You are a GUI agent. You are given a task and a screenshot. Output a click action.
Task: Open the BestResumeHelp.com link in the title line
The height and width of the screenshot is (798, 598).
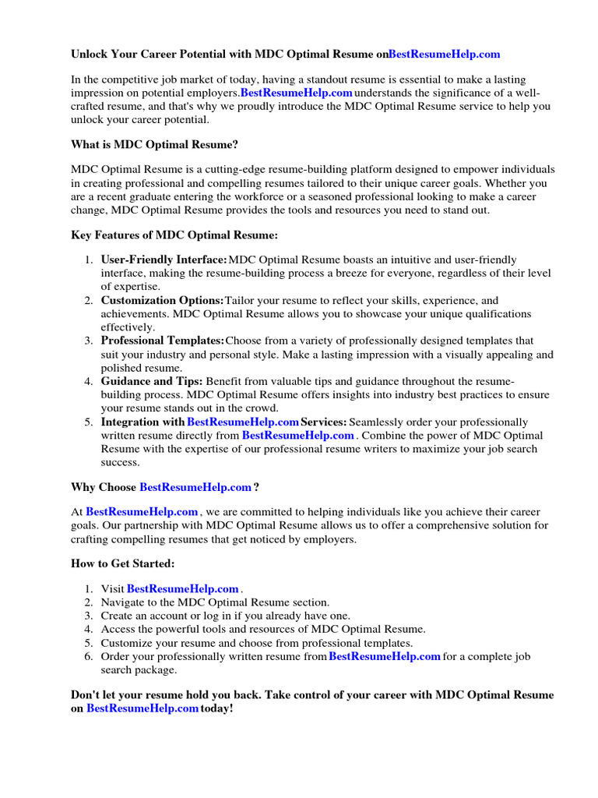coord(444,54)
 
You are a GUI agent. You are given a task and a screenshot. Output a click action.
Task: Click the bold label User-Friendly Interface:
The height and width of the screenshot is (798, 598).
coord(164,260)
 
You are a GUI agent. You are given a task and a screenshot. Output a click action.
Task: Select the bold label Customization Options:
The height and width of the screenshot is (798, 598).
coord(162,300)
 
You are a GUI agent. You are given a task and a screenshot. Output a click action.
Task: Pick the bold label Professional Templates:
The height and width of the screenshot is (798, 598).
coord(162,341)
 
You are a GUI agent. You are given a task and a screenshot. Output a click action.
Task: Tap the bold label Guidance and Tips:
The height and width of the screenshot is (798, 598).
coord(152,381)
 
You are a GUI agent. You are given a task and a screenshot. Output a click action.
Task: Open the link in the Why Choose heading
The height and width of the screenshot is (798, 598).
coord(195,487)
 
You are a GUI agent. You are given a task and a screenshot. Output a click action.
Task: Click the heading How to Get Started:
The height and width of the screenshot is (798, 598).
coord(123,563)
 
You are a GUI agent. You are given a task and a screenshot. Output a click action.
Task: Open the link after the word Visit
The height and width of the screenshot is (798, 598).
coord(182,589)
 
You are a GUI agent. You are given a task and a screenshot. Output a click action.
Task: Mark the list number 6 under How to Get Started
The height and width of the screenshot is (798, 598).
coord(89,657)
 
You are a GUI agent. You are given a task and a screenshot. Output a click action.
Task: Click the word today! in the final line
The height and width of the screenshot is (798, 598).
coord(216,708)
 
